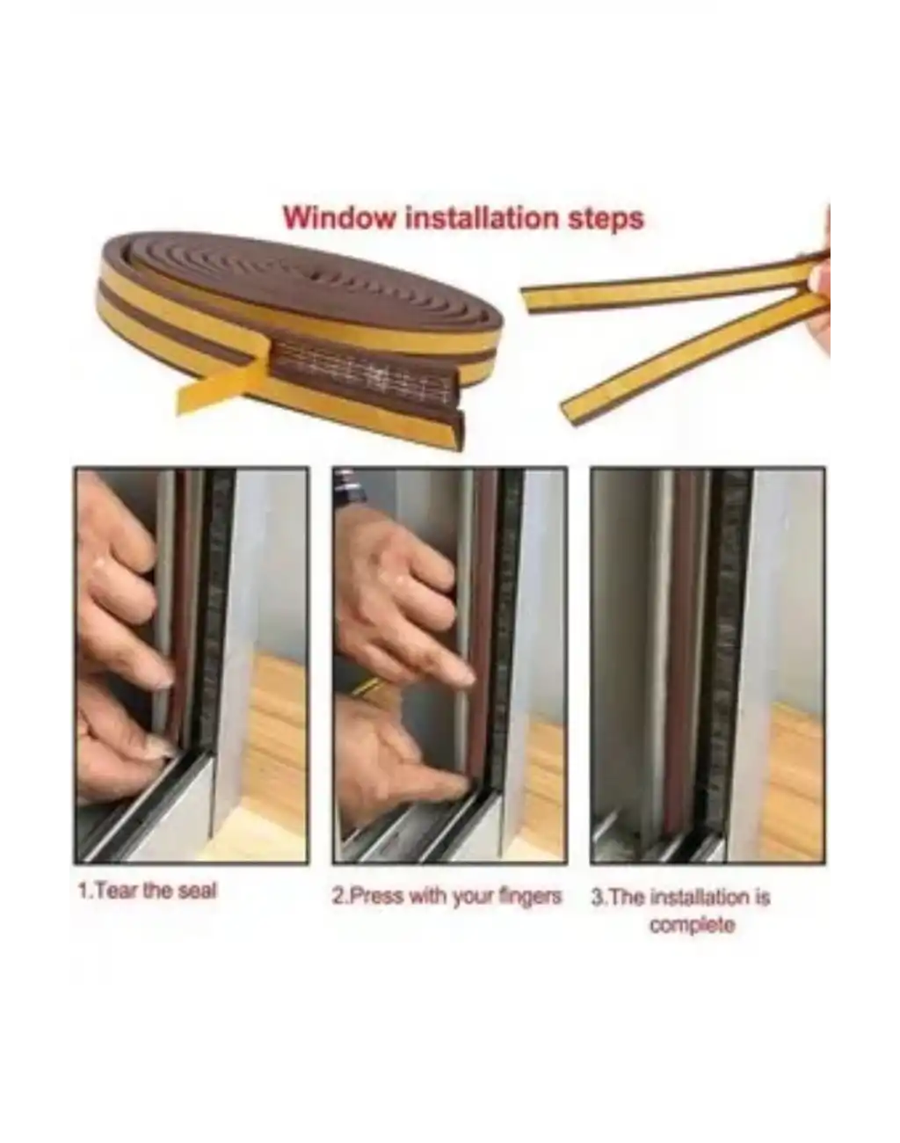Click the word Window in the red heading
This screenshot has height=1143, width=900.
tap(339, 219)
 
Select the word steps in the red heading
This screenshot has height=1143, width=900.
tap(606, 220)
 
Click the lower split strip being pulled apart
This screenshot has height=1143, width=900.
tap(690, 361)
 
